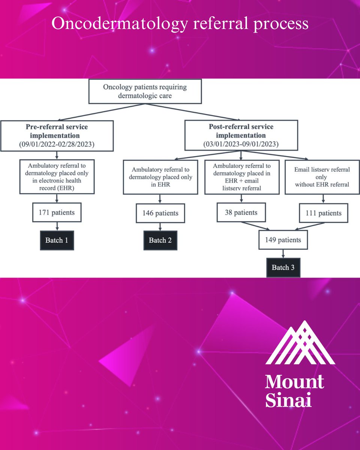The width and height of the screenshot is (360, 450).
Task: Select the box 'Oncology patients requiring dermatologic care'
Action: click(x=145, y=91)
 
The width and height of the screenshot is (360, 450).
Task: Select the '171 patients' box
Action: click(x=56, y=213)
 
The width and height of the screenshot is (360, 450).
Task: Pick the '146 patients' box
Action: click(x=160, y=213)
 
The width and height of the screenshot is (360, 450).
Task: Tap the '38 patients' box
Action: click(x=241, y=213)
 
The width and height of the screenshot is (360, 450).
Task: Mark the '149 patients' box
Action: click(x=283, y=240)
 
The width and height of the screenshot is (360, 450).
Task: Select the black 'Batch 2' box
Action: click(x=160, y=240)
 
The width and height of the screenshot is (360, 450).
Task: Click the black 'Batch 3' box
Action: click(x=283, y=268)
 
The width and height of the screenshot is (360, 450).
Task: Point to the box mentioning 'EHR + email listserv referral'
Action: click(x=241, y=177)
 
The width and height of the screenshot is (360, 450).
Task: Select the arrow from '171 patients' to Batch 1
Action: click(x=56, y=226)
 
